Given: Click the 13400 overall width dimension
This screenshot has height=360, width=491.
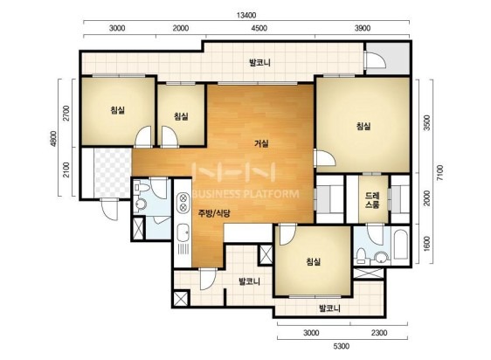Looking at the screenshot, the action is click(x=246, y=15).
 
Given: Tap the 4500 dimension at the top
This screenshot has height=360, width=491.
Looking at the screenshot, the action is click(x=259, y=28).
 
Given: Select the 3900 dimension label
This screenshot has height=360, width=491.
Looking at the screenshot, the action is click(x=363, y=28).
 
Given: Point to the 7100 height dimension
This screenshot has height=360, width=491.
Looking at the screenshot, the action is click(x=440, y=172).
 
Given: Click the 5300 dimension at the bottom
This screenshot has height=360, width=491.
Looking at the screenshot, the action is click(x=341, y=346).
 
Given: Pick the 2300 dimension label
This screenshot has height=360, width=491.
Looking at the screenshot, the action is click(x=379, y=333).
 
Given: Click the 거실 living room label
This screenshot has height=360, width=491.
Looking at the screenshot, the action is click(x=261, y=144).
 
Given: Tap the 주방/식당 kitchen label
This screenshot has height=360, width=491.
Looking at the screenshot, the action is click(x=214, y=214).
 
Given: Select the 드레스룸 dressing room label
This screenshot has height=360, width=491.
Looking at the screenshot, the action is click(x=373, y=200).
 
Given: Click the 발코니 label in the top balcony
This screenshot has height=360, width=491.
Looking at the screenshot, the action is click(x=259, y=63).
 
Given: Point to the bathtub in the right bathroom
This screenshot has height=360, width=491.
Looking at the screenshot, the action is click(x=400, y=245).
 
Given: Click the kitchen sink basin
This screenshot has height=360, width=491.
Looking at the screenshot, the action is click(x=183, y=232).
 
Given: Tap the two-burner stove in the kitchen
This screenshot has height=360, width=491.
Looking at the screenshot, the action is click(x=183, y=203).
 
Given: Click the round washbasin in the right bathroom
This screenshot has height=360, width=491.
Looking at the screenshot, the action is click(x=382, y=258).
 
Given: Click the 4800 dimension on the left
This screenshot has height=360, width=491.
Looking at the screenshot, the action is click(x=54, y=138).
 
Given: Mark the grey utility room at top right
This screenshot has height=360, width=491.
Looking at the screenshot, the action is click(x=388, y=59).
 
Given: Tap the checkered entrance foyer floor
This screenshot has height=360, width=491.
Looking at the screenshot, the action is click(x=113, y=173).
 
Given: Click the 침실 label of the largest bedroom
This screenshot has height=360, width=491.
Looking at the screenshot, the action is click(x=363, y=127).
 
